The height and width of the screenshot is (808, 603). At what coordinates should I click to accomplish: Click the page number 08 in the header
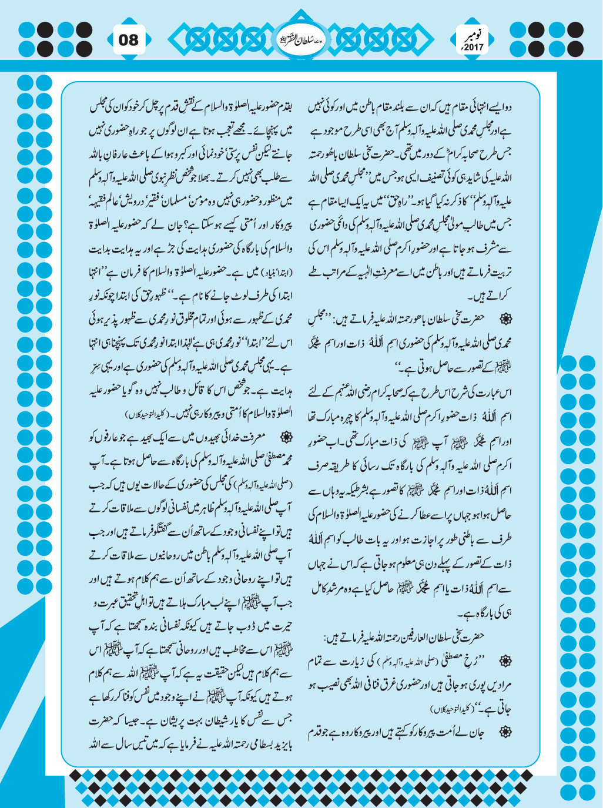coord(129,40)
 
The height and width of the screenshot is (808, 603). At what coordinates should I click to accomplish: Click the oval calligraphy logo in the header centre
coord(301,41)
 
